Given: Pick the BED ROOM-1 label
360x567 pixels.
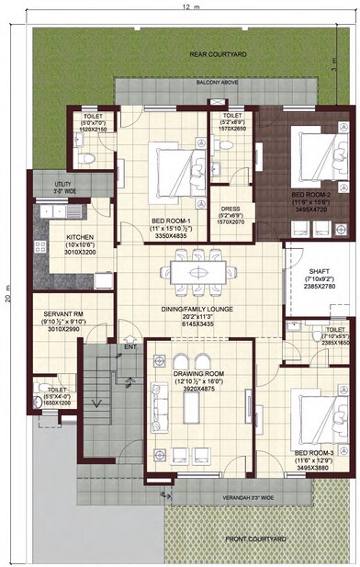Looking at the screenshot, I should point(172,221).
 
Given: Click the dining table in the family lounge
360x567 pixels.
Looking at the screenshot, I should point(198,272).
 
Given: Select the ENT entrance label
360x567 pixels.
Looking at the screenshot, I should point(130,346).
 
